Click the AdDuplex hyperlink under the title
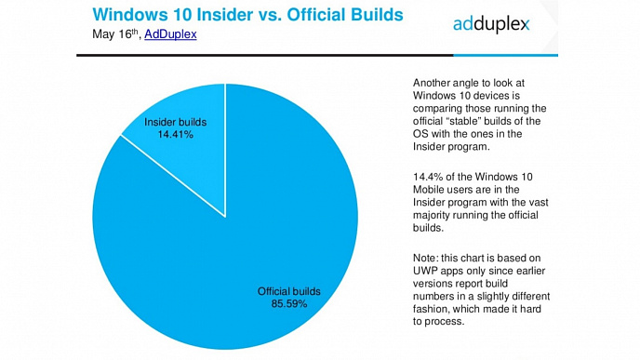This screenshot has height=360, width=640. click(170, 33)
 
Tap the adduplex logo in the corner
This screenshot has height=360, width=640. click(491, 24)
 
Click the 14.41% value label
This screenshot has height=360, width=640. click(176, 134)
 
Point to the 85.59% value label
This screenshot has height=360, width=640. click(289, 303)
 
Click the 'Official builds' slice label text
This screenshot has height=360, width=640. click(289, 291)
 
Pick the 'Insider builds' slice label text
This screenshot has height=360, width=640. click(176, 122)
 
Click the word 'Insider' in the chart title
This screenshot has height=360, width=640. click(225, 15)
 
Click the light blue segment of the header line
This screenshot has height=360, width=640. click(506, 55)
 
